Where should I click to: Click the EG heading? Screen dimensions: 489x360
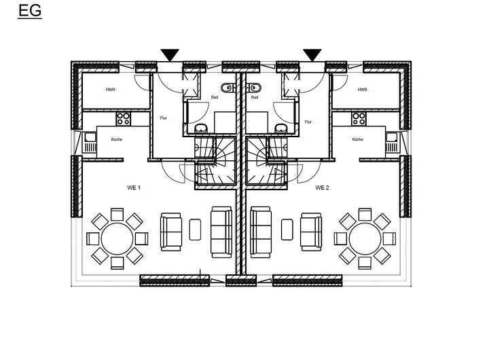[x=30, y=11]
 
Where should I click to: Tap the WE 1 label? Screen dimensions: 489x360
[x=134, y=187]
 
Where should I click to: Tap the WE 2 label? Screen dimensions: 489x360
[x=322, y=187]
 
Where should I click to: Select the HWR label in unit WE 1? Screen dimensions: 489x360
[x=111, y=90]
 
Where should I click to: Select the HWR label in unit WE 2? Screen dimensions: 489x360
[x=362, y=90]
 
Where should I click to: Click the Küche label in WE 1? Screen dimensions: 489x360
[x=117, y=139]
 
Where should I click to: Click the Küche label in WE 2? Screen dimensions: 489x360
[x=358, y=139]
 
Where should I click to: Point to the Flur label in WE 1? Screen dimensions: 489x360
[x=164, y=118]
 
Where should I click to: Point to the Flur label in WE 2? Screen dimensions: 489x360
[x=308, y=122]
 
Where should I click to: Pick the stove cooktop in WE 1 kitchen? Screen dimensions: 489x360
[x=124, y=119]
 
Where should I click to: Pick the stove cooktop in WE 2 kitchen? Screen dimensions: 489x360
[x=359, y=119]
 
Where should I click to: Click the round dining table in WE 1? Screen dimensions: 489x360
[x=117, y=238]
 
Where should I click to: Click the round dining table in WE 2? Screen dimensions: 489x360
[x=365, y=238]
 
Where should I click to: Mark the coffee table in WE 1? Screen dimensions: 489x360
[x=195, y=230]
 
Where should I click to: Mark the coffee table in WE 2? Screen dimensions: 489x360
[x=287, y=230]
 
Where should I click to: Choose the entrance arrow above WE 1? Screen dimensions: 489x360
[x=170, y=55]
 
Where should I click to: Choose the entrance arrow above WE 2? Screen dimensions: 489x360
[x=312, y=55]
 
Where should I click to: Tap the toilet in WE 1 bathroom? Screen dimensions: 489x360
[x=228, y=88]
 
